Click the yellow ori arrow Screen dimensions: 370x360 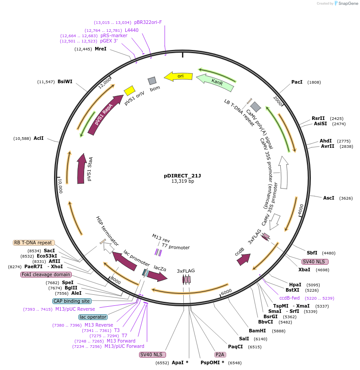178,76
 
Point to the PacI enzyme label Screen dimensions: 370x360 297,82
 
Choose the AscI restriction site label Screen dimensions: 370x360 329,198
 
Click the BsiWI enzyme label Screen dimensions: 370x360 65,82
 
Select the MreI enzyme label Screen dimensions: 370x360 101,49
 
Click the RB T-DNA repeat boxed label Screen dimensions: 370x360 34,243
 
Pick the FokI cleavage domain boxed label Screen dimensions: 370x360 46,274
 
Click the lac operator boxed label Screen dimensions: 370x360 93,317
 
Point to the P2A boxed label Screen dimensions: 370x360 220,355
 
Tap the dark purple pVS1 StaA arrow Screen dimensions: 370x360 81,169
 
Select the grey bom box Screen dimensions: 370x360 152,81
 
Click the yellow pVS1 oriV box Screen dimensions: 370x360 129,91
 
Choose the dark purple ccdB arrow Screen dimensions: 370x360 243,260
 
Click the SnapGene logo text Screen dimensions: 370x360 347,3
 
